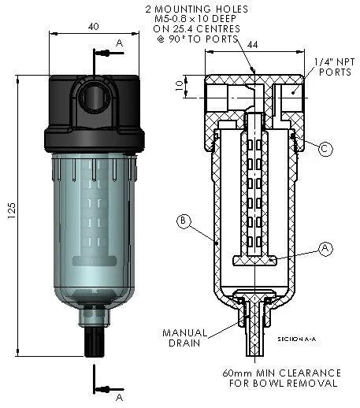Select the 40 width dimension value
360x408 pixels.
(x=94, y=26)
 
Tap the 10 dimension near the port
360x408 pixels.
(x=178, y=84)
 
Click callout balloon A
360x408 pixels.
(x=325, y=247)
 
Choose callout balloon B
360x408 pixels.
(x=183, y=221)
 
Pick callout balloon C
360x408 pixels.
(x=325, y=147)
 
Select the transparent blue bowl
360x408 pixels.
(x=95, y=228)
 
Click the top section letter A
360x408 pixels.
(x=118, y=42)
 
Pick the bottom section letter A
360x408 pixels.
(x=118, y=398)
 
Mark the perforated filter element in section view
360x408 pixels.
(x=254, y=189)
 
